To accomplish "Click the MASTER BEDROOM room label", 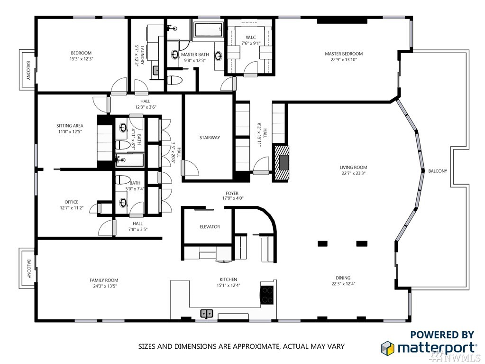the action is (x=344, y=54).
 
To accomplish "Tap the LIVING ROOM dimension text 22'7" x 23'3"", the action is (x=353, y=173).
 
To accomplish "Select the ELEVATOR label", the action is (x=210, y=227).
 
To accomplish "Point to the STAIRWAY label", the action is (x=210, y=138).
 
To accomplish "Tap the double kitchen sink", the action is (x=207, y=314).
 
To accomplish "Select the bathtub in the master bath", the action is (x=209, y=30).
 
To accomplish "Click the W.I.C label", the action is (x=250, y=37).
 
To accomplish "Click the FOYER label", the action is (x=232, y=194).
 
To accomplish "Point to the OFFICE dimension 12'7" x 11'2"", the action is (x=72, y=208).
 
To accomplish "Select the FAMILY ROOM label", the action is (x=104, y=280).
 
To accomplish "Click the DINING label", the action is (x=343, y=278).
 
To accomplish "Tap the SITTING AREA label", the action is (x=70, y=126).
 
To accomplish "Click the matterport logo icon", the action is (x=387, y=347).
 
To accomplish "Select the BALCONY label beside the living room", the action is (x=438, y=171).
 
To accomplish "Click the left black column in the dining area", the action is (x=322, y=243).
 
